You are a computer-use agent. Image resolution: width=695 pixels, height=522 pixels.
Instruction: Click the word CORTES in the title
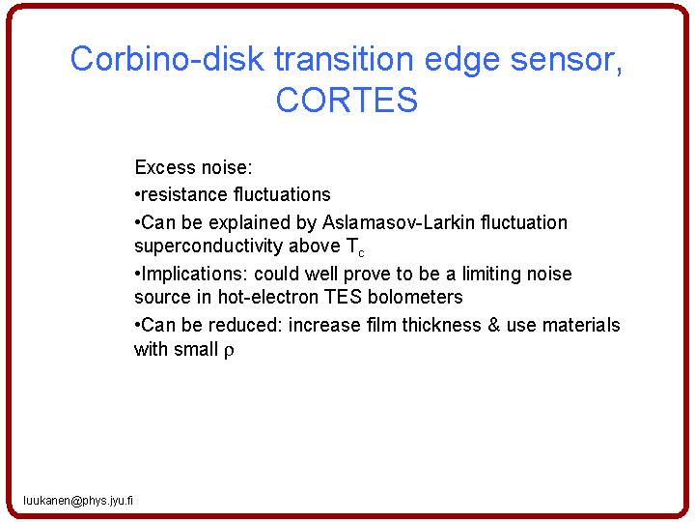coord(347,100)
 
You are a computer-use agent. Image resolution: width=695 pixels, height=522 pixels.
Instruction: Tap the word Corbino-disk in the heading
coord(167,59)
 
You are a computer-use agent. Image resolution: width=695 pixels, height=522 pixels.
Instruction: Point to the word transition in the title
coord(344,59)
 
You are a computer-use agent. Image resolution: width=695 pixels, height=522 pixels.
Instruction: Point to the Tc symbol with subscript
coord(355,247)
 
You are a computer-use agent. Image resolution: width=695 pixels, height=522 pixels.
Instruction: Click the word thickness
coord(441,325)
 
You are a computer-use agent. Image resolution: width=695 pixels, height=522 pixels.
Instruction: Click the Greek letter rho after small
coord(229,351)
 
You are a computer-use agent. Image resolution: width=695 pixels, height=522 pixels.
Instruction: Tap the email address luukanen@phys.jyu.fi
coord(78,501)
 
